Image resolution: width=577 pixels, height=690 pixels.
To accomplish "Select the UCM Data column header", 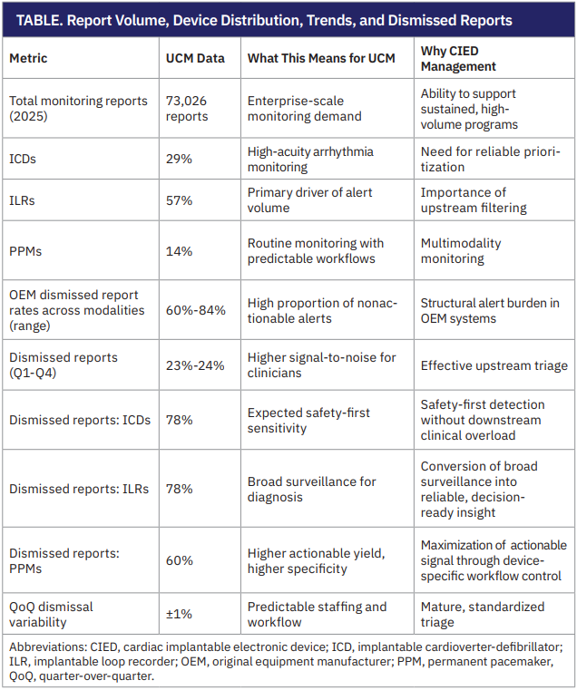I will (195, 58).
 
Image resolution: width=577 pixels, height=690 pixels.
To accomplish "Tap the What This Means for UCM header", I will (321, 58).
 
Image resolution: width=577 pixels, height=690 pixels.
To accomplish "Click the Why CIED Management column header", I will (458, 58).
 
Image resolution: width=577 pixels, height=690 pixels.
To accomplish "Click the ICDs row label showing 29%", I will (24, 159).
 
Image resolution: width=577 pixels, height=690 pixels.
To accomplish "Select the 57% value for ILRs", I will (179, 200).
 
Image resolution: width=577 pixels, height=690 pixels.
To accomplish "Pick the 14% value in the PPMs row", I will (179, 251).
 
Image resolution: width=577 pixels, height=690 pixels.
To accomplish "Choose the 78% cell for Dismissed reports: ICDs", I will (179, 420).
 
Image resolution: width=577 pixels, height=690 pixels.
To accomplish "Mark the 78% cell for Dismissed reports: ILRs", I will (179, 489).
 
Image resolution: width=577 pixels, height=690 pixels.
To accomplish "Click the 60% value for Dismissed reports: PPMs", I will (179, 560).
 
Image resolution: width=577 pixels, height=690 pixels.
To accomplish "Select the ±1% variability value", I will (178, 614).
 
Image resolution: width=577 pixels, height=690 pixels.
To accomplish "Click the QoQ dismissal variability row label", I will (52, 614).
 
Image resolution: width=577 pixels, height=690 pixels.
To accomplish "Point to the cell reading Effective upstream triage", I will (494, 365).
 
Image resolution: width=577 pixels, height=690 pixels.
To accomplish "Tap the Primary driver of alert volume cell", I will (309, 200).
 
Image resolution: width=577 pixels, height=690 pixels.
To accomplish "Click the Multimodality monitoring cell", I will (461, 251).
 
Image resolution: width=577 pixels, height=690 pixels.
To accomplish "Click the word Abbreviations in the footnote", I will (44, 646).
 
